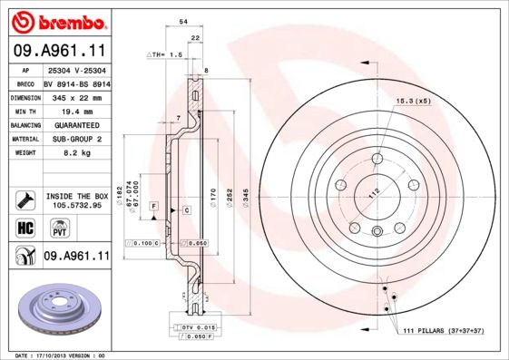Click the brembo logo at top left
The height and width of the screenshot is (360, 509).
pos(56,19)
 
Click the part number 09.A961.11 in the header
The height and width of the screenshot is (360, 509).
pos(56,50)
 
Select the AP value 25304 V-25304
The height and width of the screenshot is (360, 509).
pos(76,70)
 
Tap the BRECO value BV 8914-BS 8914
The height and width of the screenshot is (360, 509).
pos(76,83)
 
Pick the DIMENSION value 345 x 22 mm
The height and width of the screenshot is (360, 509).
pos(76,96)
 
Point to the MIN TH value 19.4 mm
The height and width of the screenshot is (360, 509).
pos(76,110)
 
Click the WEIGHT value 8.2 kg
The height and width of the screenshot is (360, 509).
pos(76,153)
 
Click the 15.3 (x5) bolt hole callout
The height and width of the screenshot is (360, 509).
pos(413,101)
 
